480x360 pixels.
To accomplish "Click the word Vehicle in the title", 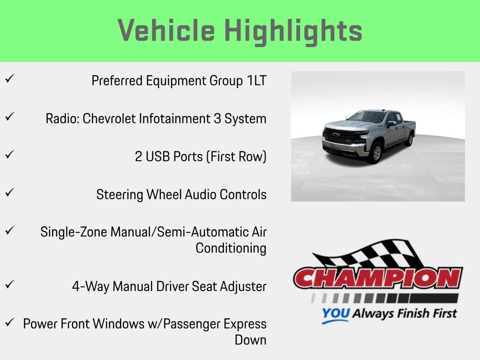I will (166, 31).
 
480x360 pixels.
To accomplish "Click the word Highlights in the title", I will (293, 31).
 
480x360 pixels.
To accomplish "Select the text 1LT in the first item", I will (256, 81).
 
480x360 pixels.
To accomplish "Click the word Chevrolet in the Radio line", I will (109, 119).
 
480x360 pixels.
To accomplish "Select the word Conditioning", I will (231, 248).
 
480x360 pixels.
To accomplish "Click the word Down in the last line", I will (250, 340).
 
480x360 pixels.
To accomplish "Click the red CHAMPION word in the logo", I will (378, 278).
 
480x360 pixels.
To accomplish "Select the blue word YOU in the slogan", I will (335, 314).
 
